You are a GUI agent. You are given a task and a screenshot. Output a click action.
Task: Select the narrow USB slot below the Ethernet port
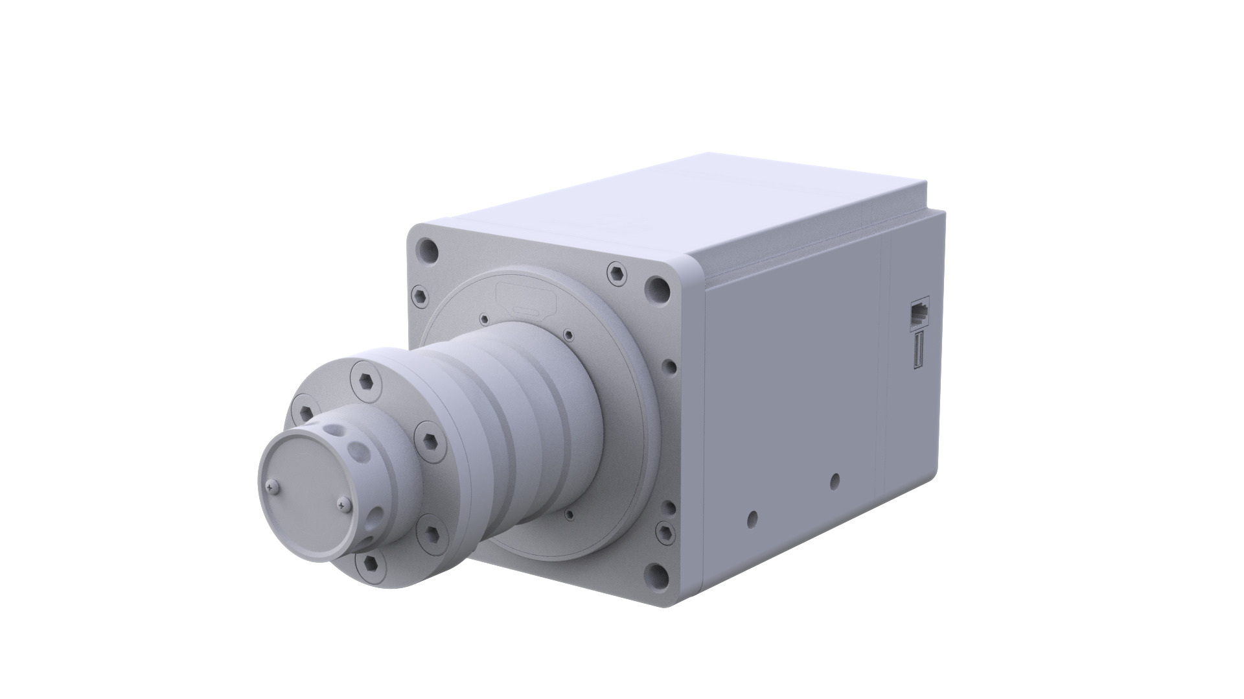(918, 349)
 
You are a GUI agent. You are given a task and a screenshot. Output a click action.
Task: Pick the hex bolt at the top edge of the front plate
(617, 274)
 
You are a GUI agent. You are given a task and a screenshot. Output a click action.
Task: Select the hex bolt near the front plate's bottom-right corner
(665, 532)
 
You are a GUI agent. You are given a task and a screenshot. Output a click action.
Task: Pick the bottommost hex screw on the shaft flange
(371, 563)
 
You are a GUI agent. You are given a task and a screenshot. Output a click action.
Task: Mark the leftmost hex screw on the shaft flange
(305, 410)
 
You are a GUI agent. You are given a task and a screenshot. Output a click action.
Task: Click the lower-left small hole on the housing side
(752, 518)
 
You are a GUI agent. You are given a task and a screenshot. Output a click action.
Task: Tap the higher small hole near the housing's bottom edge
(835, 480)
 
